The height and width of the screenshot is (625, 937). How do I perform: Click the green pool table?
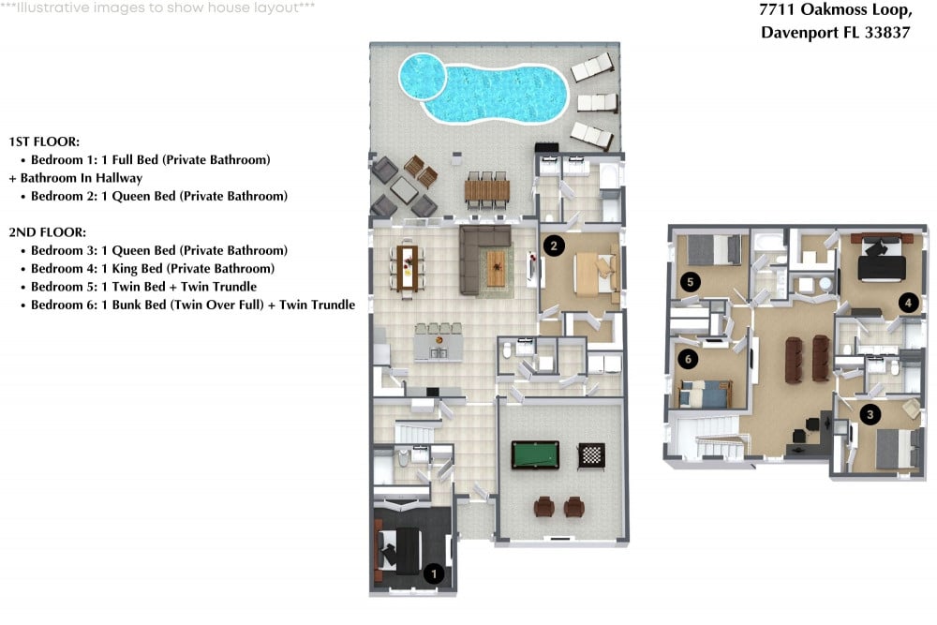pyautogui.click(x=535, y=454)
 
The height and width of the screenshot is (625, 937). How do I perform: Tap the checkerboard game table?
pyautogui.click(x=591, y=456)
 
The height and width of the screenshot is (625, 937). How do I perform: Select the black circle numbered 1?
pyautogui.click(x=434, y=574)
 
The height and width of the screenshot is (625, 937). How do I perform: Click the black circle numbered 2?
pyautogui.click(x=554, y=246)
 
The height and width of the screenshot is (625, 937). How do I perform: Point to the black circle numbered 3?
pyautogui.click(x=870, y=414)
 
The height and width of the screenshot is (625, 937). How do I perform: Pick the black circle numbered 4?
pyautogui.click(x=908, y=303)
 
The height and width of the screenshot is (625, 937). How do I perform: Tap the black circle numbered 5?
pyautogui.click(x=691, y=281)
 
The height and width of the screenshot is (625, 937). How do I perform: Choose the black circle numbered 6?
pyautogui.click(x=689, y=359)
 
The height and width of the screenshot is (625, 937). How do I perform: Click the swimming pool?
pyautogui.click(x=483, y=87)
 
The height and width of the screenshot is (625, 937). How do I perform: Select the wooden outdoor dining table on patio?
pyautogui.click(x=487, y=190)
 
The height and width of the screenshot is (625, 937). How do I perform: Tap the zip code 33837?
pyautogui.click(x=887, y=32)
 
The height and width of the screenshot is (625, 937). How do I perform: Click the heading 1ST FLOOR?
pyautogui.click(x=44, y=141)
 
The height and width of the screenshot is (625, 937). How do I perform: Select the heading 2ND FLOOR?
pyautogui.click(x=47, y=231)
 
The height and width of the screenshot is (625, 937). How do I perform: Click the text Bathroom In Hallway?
pyautogui.click(x=82, y=177)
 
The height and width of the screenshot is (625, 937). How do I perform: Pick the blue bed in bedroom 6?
pyautogui.click(x=706, y=394)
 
